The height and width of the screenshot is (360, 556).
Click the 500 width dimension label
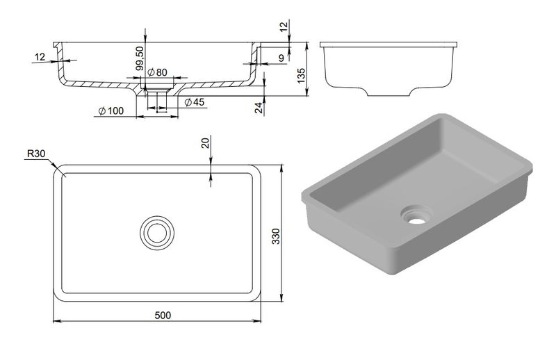pos(163,315)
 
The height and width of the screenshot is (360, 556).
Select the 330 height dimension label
pos(276,236)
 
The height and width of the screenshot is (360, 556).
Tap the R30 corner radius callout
pos(36,154)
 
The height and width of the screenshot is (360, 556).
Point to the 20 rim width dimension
pos(206,143)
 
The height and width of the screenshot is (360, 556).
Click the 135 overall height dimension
pos(301,76)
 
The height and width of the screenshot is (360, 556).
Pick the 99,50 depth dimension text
pos(140,58)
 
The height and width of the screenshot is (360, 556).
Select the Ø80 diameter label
pos(157,72)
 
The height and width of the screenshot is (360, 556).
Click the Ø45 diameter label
pos(195,102)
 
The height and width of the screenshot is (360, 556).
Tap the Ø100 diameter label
pos(111,111)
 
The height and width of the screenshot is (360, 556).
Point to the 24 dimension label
pos(259,108)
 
